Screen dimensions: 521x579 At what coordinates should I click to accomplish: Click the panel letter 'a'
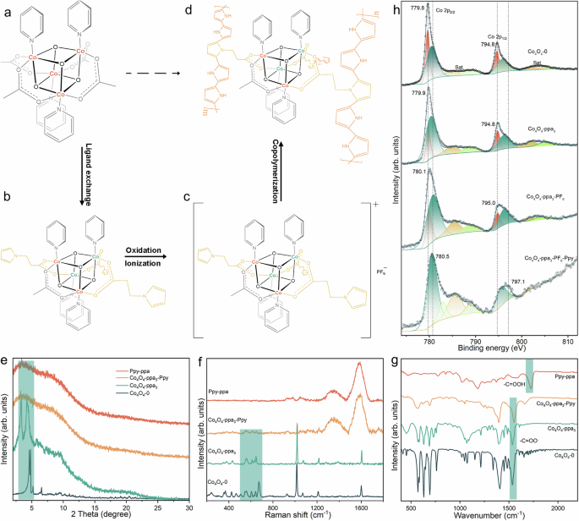tap(6, 8)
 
